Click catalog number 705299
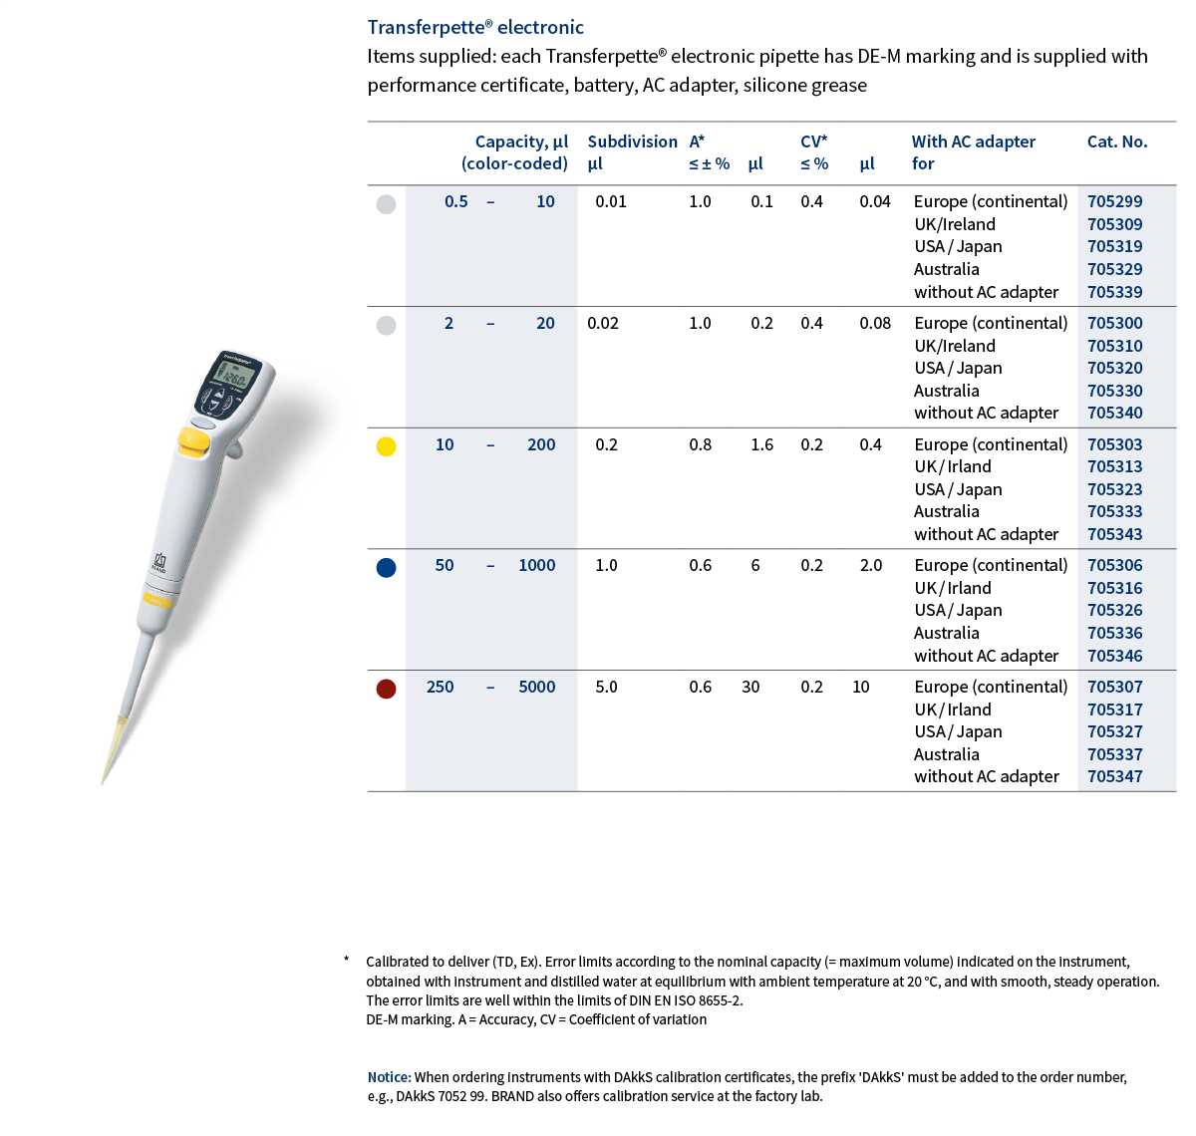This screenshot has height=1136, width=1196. (x=1114, y=201)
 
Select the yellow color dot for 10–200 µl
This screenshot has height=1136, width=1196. (x=387, y=446)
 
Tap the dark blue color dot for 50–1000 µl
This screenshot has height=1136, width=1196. (x=387, y=567)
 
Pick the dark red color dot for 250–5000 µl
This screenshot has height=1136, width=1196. (x=387, y=689)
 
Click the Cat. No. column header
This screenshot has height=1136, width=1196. (x=1116, y=142)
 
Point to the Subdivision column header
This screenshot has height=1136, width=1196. (x=632, y=142)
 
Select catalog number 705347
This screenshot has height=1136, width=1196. (x=1114, y=776)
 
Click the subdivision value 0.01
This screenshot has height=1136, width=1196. (x=610, y=201)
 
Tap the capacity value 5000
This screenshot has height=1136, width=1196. (x=536, y=687)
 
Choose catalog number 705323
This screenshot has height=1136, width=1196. (x=1114, y=489)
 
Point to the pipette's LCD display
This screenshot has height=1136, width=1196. (x=233, y=377)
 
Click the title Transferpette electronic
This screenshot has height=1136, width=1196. (x=475, y=27)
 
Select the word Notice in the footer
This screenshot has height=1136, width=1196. (x=389, y=1077)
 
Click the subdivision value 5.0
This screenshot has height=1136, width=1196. (x=606, y=687)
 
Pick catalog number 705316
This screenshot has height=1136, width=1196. (x=1114, y=588)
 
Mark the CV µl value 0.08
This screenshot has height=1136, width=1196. (x=875, y=323)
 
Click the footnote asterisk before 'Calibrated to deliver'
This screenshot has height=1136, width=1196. (x=346, y=960)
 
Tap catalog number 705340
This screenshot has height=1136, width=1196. (x=1114, y=413)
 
